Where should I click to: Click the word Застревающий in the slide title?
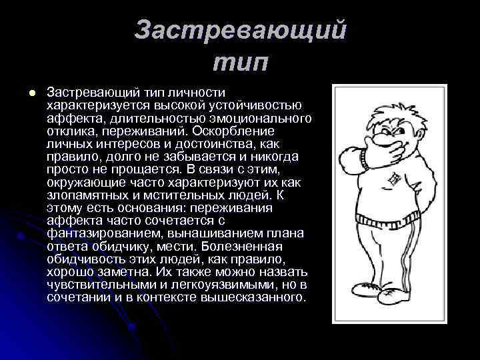(240, 31)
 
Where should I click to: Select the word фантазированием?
(102, 233)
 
